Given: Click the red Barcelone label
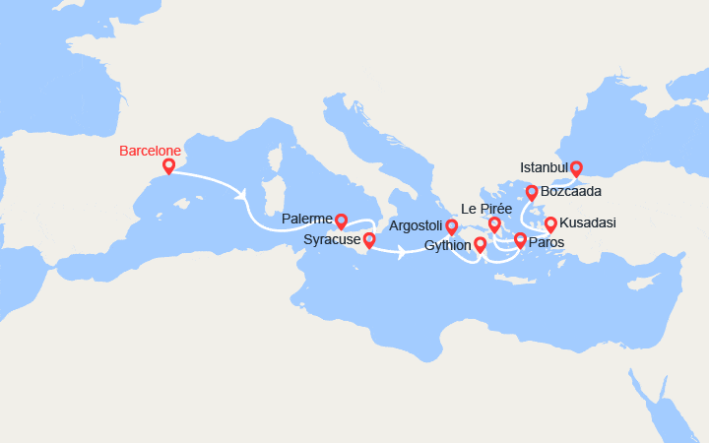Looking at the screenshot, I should point(150,151).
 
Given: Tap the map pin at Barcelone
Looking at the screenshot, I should point(168,166).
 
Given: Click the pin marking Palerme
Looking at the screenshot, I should point(342,221).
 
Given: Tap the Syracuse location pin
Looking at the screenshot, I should point(369,238).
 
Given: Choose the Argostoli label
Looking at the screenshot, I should point(416,226).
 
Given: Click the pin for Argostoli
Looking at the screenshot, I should point(451,227).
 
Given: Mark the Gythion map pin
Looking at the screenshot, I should point(480,244).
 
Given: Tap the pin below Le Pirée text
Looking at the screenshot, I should point(494,224).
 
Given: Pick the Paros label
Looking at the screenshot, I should point(547,242).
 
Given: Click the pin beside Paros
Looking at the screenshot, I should point(520,239).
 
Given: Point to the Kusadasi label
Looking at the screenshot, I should point(588,223).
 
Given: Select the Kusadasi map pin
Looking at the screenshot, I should point(550,223).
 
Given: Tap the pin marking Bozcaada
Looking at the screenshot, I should point(532,192).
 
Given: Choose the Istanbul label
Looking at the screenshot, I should point(545,168).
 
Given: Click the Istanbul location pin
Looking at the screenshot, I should point(576,167).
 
